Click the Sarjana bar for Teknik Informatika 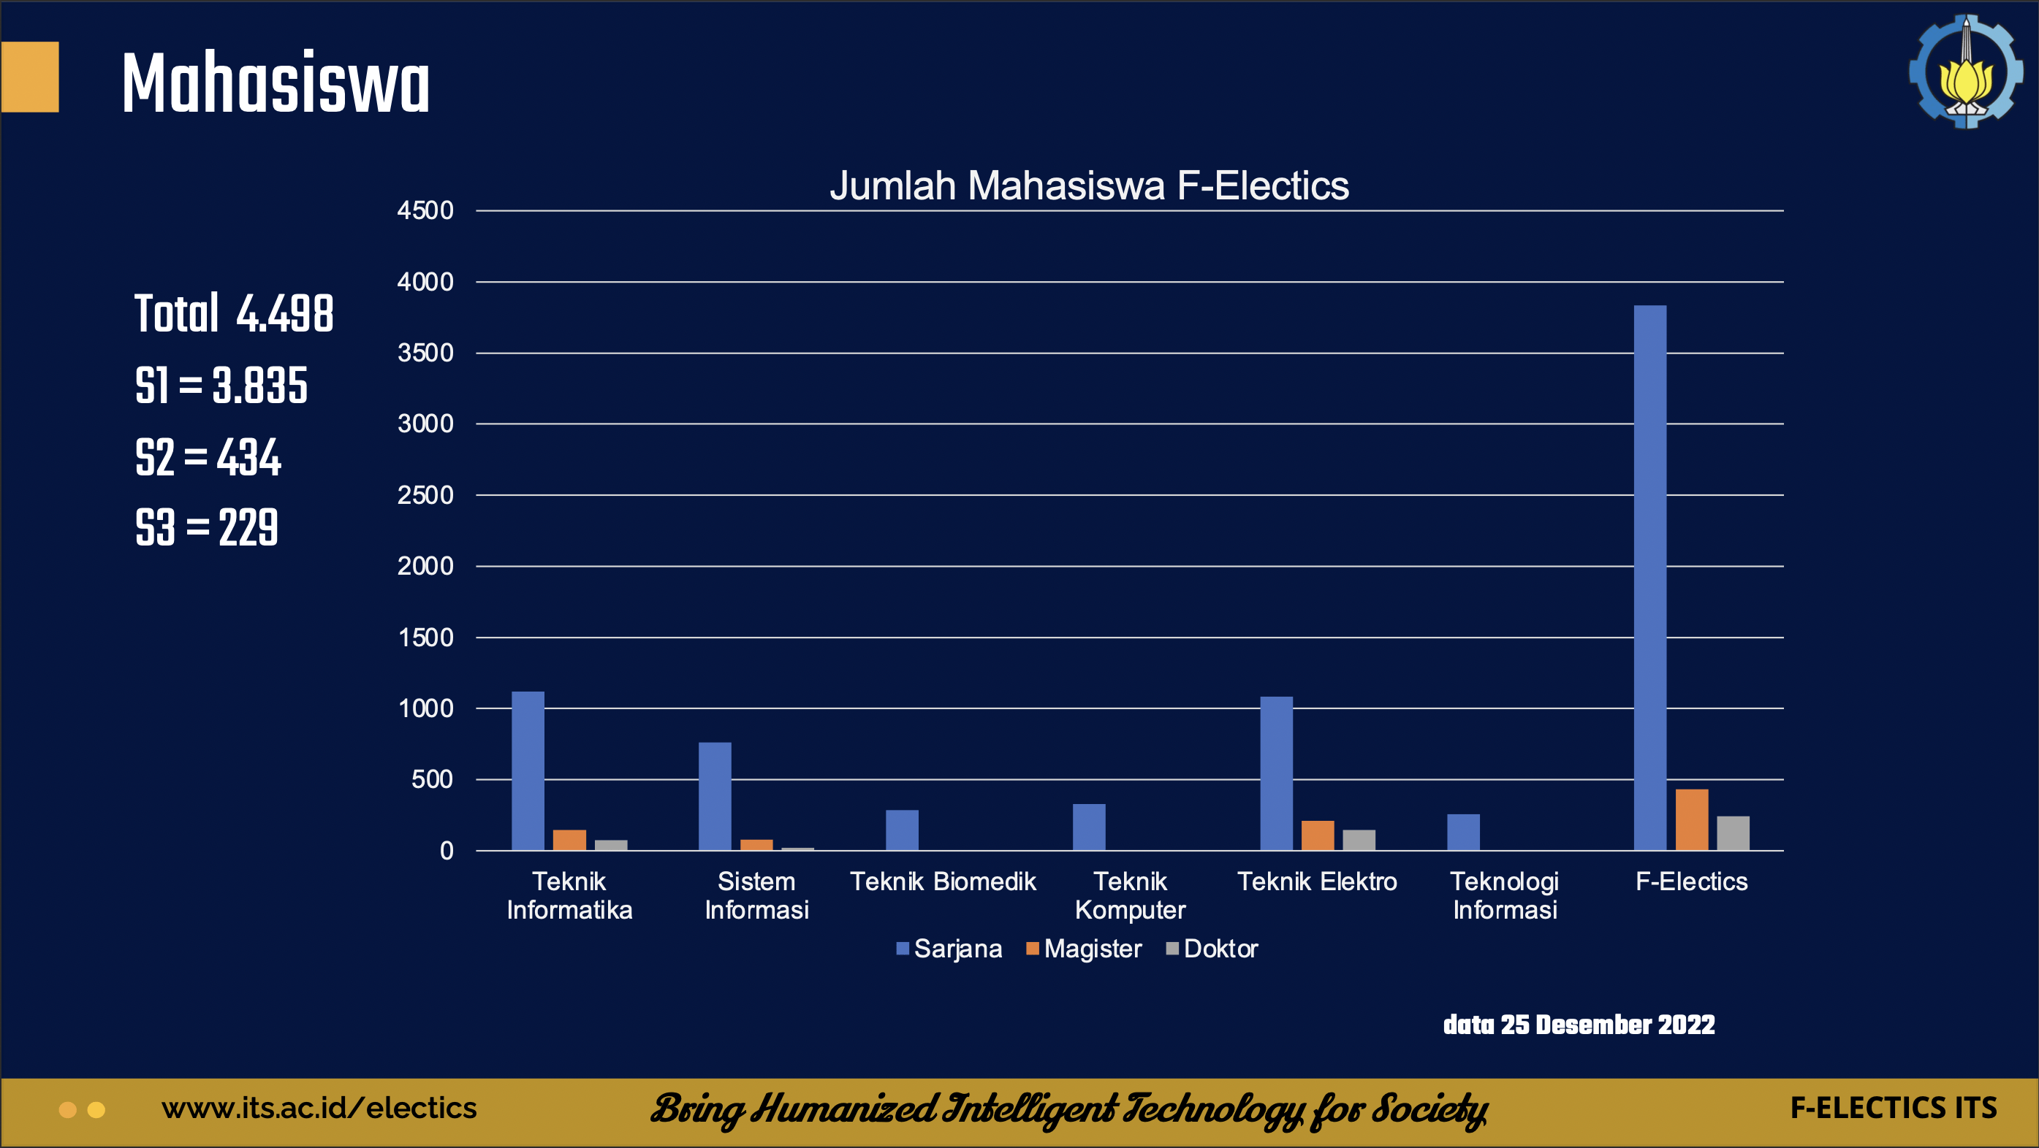click(528, 771)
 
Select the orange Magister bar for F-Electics click(1692, 820)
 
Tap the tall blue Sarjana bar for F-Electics click(1649, 578)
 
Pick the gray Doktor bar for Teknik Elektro click(1359, 841)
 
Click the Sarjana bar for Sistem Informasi click(715, 796)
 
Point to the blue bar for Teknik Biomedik click(902, 830)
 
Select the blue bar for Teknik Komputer click(1088, 827)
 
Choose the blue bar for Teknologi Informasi click(1463, 833)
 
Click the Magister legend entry click(1084, 949)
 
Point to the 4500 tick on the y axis click(425, 210)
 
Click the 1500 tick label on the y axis click(425, 638)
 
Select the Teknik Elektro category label click(1317, 881)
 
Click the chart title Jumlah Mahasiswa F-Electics click(1088, 186)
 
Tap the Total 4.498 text click(234, 314)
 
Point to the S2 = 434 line click(208, 457)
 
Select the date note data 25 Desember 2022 click(1579, 1025)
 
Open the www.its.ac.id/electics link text click(319, 1109)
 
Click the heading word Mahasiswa click(276, 83)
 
